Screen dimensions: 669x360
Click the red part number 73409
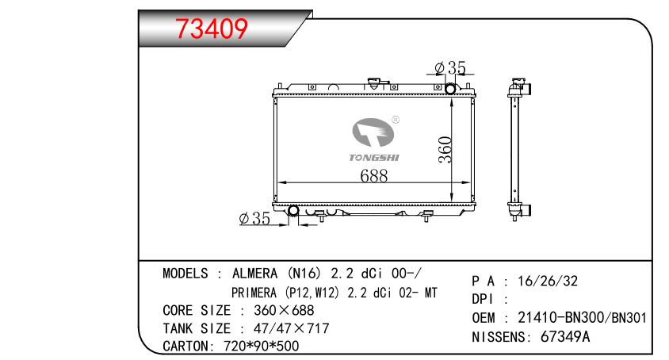coord(212,29)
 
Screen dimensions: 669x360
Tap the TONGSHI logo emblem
coord(373,132)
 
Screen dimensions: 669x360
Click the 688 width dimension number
coord(374,175)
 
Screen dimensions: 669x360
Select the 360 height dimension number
coord(445,149)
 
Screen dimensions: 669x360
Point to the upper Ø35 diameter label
coord(450,67)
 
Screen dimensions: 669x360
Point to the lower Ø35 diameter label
coord(254,218)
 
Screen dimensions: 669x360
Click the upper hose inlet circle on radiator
coord(450,89)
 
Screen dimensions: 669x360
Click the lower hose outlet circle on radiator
coord(293,211)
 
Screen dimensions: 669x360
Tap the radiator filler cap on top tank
coord(376,83)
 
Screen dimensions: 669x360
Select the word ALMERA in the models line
coord(254,273)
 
